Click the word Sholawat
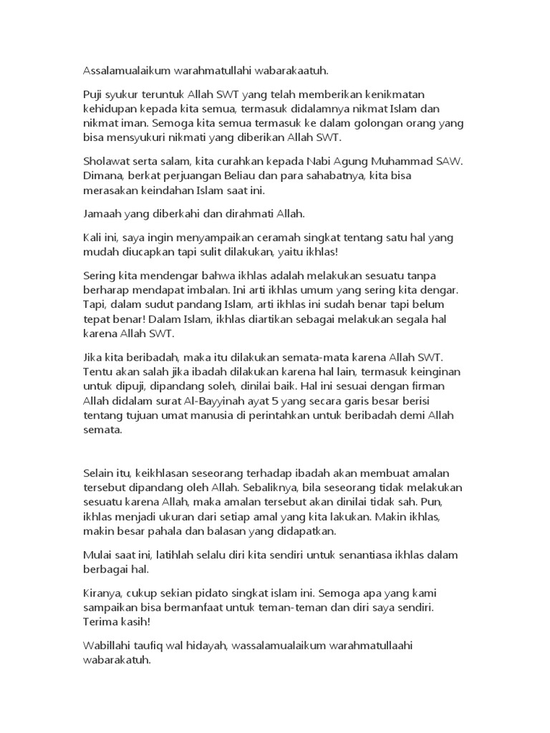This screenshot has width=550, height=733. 101,162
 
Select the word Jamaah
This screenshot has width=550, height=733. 97,214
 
